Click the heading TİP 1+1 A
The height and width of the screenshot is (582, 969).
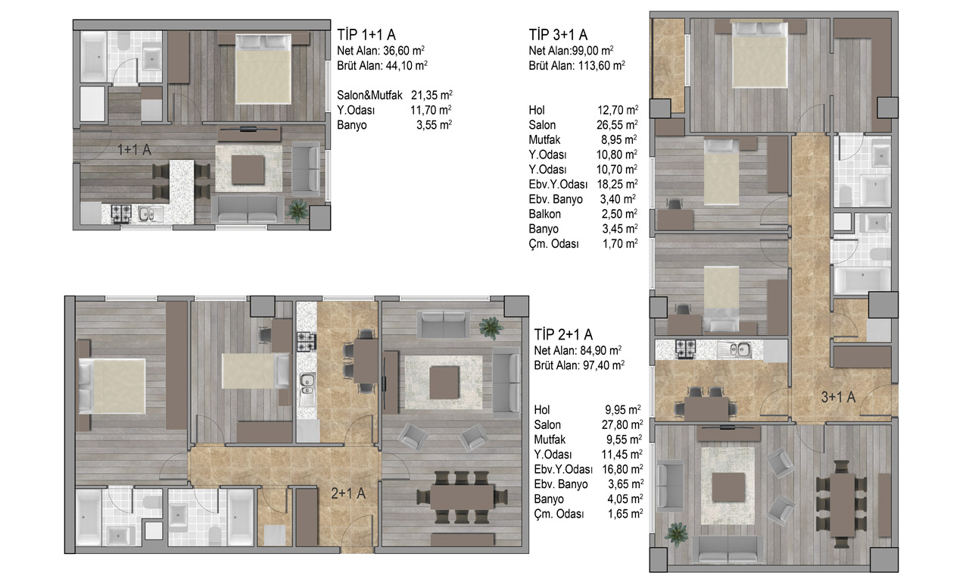tap(366, 35)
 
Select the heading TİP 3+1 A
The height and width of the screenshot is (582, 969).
tap(558, 35)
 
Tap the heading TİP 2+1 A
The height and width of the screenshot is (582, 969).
tap(563, 334)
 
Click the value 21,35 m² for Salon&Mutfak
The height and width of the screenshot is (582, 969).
tap(432, 95)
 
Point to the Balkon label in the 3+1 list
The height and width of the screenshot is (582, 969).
tap(544, 214)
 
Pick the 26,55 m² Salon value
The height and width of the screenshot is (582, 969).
tap(617, 125)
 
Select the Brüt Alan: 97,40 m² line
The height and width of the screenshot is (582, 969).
tap(579, 365)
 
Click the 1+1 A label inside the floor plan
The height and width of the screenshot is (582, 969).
tap(134, 150)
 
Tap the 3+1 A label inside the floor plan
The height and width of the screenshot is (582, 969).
tap(838, 396)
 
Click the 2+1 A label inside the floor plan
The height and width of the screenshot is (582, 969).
tap(348, 493)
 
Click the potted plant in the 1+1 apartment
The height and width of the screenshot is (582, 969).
tap(298, 211)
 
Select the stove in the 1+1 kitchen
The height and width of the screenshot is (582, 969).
tap(121, 213)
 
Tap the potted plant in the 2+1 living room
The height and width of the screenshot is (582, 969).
tap(491, 328)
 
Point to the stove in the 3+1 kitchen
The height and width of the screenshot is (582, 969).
tap(686, 349)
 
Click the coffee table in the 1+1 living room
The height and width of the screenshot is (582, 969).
tap(248, 170)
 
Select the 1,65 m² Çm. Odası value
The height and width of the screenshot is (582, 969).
tap(625, 514)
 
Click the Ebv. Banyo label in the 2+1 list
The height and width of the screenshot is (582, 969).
tap(561, 484)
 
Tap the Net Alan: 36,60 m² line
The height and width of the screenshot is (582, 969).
tap(381, 51)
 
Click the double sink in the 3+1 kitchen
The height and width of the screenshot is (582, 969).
tap(735, 349)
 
